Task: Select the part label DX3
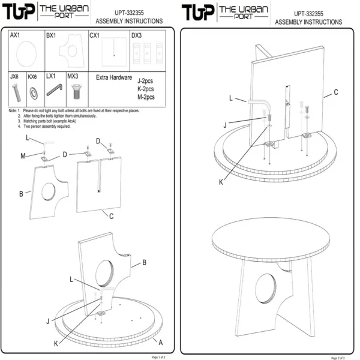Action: (137, 35)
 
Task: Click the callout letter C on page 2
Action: (336, 92)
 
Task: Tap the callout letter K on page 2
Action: (221, 181)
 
